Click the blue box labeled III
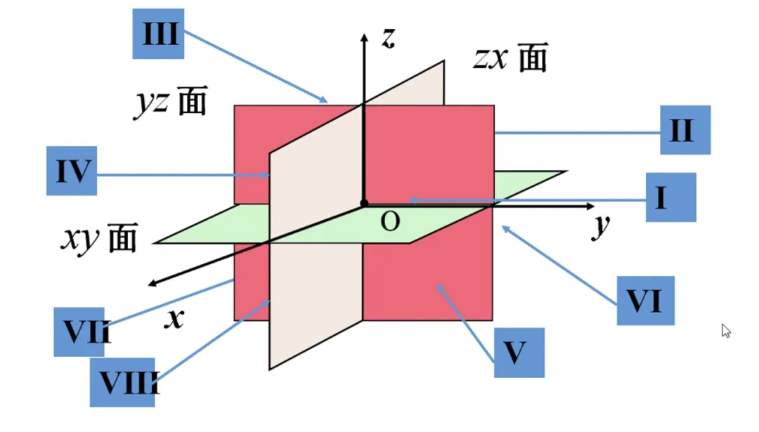160,34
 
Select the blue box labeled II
685,130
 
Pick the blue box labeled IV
71,171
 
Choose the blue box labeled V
519,353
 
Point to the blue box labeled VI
645,301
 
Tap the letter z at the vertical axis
387,39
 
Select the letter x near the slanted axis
174,320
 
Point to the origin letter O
390,223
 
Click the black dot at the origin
364,204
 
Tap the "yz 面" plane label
171,103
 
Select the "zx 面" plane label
510,59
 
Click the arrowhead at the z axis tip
363,37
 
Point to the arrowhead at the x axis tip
153,283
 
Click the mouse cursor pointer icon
727,331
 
